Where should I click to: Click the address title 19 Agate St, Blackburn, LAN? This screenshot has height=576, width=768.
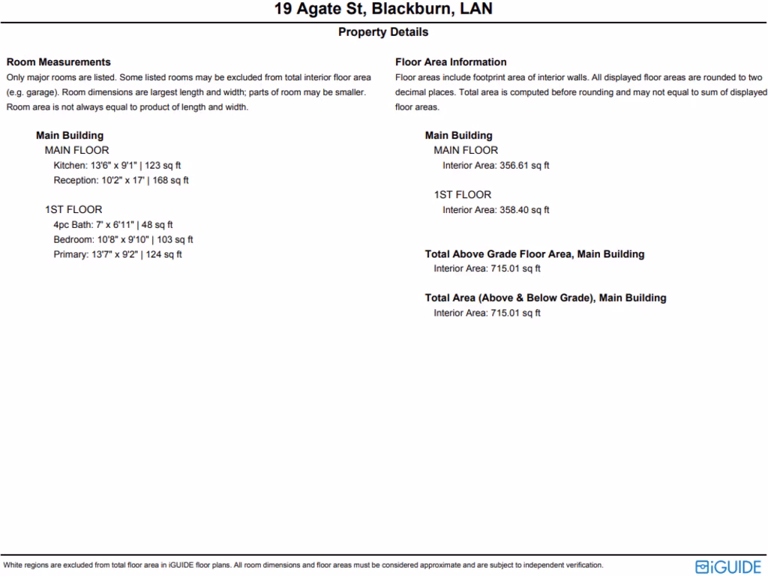pyautogui.click(x=383, y=10)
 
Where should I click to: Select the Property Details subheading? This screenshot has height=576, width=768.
pyautogui.click(x=383, y=32)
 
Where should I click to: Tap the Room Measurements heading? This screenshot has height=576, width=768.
pyautogui.click(x=58, y=62)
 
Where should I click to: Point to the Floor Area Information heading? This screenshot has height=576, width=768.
pyautogui.click(x=451, y=62)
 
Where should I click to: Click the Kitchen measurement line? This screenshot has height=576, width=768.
pyautogui.click(x=117, y=166)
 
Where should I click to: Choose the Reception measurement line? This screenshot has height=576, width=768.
pyautogui.click(x=121, y=181)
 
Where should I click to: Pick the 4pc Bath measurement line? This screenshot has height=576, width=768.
pyautogui.click(x=113, y=225)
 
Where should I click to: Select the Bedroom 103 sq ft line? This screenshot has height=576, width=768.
pyautogui.click(x=123, y=240)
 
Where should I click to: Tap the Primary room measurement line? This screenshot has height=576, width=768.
pyautogui.click(x=118, y=255)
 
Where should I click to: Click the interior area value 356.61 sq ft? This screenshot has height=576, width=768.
pyautogui.click(x=524, y=166)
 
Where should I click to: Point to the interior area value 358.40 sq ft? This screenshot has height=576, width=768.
pyautogui.click(x=524, y=210)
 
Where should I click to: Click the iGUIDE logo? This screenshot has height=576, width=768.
pyautogui.click(x=728, y=566)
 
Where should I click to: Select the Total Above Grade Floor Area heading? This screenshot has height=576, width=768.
pyautogui.click(x=535, y=254)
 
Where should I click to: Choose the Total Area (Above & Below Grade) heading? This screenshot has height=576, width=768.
pyautogui.click(x=545, y=298)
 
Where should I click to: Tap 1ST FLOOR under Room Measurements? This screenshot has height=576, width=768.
pyautogui.click(x=73, y=210)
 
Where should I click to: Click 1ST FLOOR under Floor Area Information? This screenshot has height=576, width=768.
pyautogui.click(x=463, y=195)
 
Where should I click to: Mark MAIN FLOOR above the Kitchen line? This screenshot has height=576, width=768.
pyautogui.click(x=76, y=151)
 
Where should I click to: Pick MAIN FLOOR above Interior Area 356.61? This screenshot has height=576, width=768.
pyautogui.click(x=466, y=151)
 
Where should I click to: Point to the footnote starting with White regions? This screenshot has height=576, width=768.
pyautogui.click(x=303, y=565)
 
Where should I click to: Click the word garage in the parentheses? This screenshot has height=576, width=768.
pyautogui.click(x=37, y=92)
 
